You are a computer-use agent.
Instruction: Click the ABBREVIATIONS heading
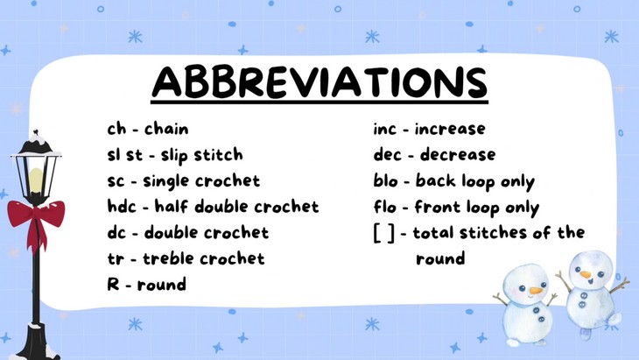tap(319, 82)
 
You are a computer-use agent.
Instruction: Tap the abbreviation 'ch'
tap(116, 129)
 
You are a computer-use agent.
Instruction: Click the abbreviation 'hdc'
tap(122, 207)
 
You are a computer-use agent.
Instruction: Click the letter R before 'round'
tap(112, 284)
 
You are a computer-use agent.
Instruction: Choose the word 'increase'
tap(450, 129)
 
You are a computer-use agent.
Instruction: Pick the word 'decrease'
tap(455, 155)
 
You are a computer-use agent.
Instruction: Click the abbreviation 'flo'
tap(383, 208)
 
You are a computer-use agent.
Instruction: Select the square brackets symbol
tap(383, 233)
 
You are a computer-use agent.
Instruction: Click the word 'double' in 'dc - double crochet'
tap(173, 233)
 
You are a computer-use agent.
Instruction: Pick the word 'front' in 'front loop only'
tap(439, 208)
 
